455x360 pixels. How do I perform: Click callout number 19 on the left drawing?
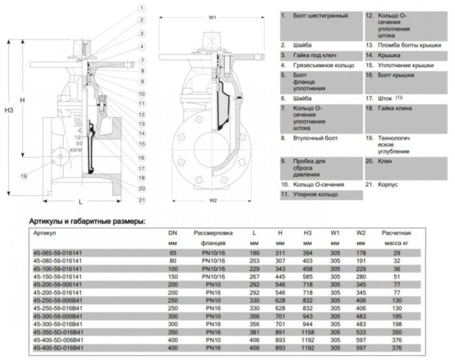coord(24,176)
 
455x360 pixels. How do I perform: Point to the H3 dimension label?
coord(8,110)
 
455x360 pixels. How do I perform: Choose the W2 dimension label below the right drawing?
coord(212,201)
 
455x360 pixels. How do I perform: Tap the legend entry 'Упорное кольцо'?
coord(317,194)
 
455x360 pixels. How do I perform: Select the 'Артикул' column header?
coord(44,232)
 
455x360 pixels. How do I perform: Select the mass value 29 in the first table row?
coord(396,252)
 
